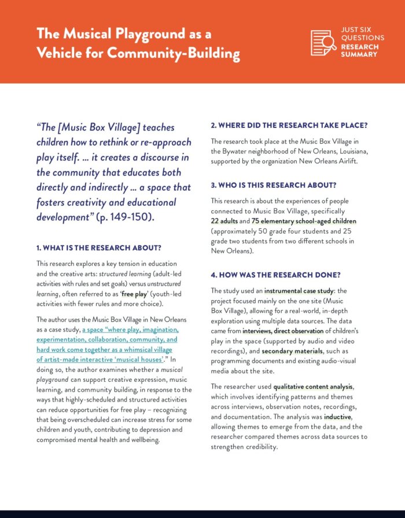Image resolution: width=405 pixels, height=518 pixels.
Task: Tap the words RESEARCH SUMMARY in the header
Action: (359, 50)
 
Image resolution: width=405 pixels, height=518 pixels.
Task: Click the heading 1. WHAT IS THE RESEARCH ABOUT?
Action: (98, 247)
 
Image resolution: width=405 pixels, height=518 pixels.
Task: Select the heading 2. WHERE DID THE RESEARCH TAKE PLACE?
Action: (289, 125)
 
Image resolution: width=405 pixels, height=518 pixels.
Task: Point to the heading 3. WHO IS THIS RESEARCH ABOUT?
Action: (274, 185)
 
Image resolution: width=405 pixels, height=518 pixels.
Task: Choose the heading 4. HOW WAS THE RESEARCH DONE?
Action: (275, 275)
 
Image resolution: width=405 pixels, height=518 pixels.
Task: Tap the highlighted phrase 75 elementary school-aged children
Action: (304, 221)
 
